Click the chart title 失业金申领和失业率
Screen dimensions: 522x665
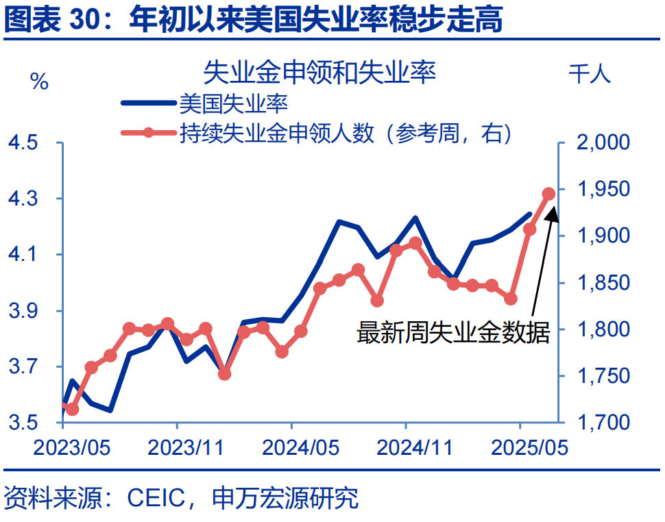point(319,72)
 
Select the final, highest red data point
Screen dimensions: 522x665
point(548,194)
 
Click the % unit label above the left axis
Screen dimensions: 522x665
point(39,82)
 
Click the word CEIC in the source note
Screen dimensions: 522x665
point(156,498)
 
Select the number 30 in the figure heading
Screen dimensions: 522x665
point(85,21)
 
